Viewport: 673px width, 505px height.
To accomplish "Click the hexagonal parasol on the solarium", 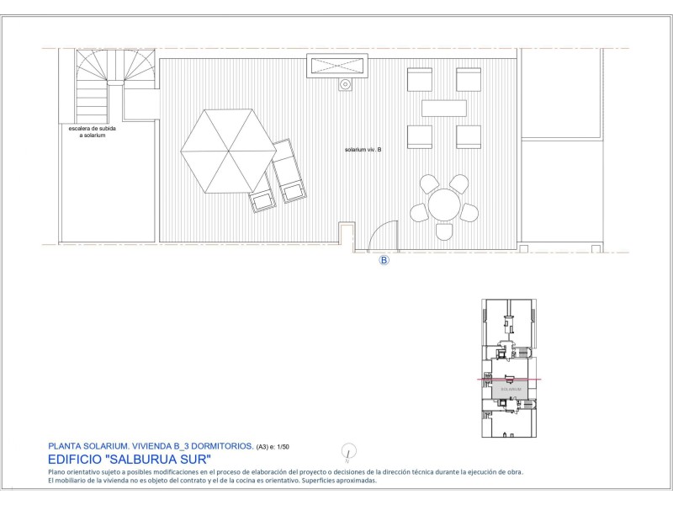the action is (228, 151).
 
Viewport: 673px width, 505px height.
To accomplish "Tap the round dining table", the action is (444, 205).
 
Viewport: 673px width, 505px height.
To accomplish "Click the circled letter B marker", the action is (384, 260).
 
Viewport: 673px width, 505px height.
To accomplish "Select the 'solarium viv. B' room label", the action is (363, 150).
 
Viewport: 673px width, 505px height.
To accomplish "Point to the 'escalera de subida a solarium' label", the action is (93, 132).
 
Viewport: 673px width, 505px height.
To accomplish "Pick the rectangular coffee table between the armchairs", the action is (444, 109).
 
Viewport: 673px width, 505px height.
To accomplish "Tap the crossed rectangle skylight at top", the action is (337, 66).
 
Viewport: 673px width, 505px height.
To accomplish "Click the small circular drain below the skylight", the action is (345, 85).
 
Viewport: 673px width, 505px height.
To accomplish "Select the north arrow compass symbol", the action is (348, 452).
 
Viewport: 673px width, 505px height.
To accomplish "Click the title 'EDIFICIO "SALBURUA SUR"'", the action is (130, 460).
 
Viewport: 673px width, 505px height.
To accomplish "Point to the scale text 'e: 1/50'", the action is (279, 447).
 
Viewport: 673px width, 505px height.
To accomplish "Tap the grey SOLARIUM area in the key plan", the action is (510, 390).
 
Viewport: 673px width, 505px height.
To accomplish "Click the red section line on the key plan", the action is (509, 380).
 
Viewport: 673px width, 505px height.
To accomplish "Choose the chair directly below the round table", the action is (444, 231).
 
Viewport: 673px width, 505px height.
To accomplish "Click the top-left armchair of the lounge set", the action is (419, 79).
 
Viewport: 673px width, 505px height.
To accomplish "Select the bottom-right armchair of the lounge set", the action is (469, 137).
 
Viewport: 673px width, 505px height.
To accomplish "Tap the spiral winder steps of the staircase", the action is (115, 66).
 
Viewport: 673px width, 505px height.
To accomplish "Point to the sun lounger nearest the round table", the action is (289, 171).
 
